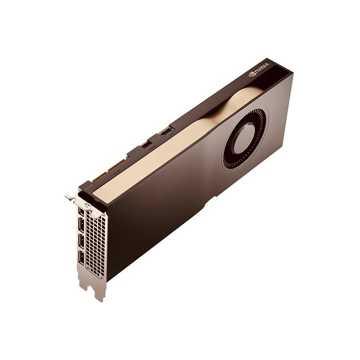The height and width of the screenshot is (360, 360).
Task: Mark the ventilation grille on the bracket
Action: tap(97, 243)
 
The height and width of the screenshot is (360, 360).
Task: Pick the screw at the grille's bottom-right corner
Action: tap(104, 278)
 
